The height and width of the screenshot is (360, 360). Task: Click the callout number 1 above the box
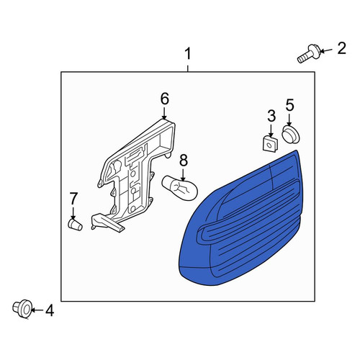(x=188, y=54)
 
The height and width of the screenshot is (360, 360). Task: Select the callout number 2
(x=341, y=48)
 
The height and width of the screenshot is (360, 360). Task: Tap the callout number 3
(x=271, y=116)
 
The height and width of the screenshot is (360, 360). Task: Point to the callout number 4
(x=50, y=310)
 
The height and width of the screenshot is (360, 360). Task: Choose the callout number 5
(x=289, y=105)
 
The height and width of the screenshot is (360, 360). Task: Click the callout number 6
(x=165, y=99)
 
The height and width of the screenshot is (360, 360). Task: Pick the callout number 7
(x=73, y=198)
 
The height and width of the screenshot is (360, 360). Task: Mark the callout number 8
(x=184, y=161)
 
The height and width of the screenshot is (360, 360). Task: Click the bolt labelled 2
(x=308, y=53)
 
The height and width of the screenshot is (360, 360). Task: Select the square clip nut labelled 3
(x=270, y=144)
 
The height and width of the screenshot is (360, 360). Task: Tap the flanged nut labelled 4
(x=22, y=309)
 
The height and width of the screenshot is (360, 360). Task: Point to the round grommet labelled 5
(x=291, y=135)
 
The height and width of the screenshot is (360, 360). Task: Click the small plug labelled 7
(x=75, y=225)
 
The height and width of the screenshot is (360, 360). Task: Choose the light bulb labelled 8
(x=180, y=188)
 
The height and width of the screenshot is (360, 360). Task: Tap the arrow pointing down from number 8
(x=183, y=175)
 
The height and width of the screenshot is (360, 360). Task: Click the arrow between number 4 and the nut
(x=37, y=310)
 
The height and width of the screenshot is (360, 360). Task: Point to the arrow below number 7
(x=73, y=212)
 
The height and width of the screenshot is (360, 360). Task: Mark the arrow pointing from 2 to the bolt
(x=327, y=50)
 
